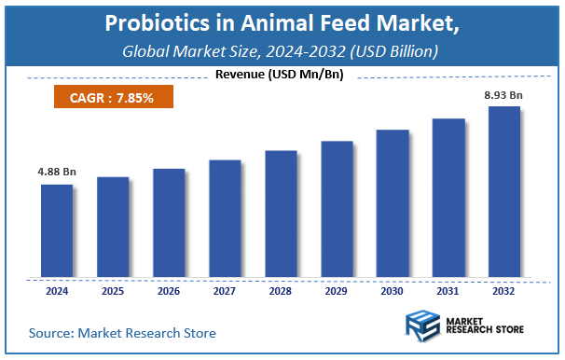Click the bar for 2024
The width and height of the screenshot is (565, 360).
coord(57,230)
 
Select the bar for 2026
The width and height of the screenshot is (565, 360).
coord(169,223)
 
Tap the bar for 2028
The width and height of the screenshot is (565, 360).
coord(281,214)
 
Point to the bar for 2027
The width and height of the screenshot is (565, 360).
coord(225,218)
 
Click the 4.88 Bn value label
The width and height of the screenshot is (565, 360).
coord(56,172)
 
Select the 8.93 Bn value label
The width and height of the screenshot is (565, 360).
coord(504,94)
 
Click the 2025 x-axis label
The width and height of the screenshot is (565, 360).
coord(113,291)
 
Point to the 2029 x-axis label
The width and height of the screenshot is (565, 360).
coord(337,291)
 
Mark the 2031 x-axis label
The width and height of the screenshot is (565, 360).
coord(448,291)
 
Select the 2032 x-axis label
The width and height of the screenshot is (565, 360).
coord(504,291)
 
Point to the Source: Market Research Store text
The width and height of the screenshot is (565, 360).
coord(122,332)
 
